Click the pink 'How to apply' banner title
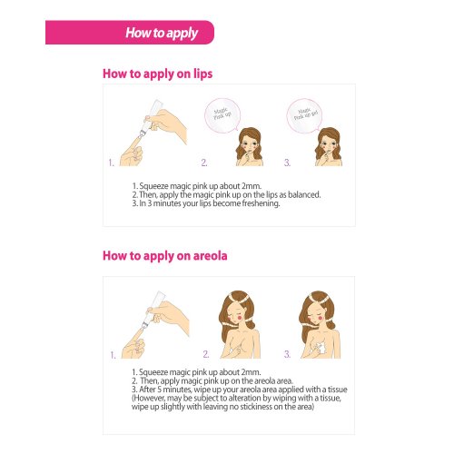point(162,33)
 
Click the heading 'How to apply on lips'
point(157,74)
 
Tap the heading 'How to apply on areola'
point(165,256)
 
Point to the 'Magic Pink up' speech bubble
point(222,115)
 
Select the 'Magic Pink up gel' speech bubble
point(305,115)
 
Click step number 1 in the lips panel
point(112,163)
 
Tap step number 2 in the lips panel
point(204,163)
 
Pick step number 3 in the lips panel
point(287,163)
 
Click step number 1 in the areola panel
point(113,355)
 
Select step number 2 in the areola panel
point(206,354)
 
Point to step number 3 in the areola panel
point(287,354)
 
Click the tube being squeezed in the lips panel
point(151,118)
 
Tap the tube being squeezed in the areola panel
point(152,310)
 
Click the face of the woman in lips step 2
point(250,144)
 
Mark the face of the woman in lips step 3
point(329,144)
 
